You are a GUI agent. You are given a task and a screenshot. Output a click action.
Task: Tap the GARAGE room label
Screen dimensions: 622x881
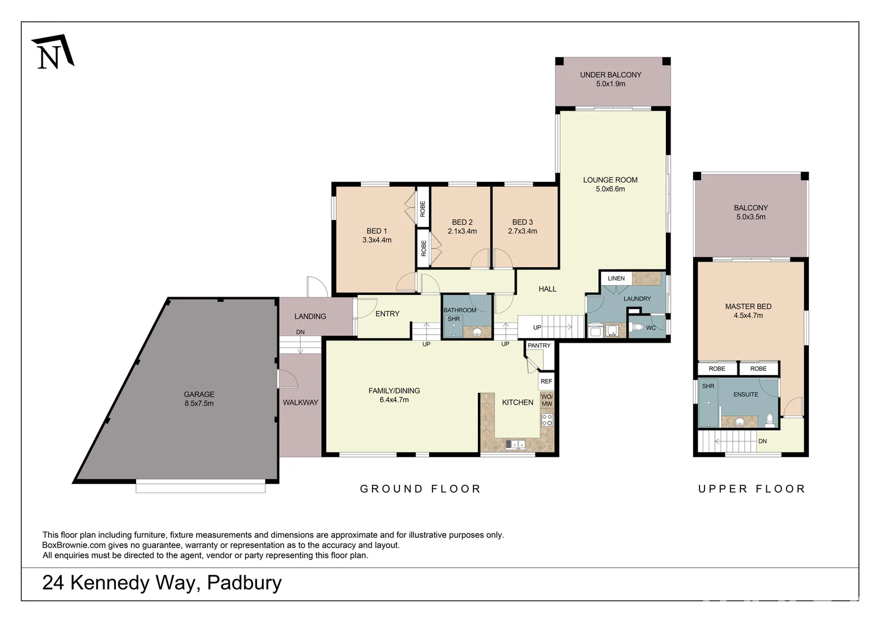[x=199, y=395]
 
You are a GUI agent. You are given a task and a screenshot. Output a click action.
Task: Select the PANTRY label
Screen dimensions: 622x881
[x=539, y=346]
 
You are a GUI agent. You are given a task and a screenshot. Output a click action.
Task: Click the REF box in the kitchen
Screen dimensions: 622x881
[x=546, y=381]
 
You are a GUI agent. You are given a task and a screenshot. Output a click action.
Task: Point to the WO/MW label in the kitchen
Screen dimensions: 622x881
[x=547, y=400]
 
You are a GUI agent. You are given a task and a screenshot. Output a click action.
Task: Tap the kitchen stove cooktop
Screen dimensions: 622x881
[x=547, y=420]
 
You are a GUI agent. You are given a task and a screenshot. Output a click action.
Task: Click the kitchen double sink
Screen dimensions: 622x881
[x=515, y=444]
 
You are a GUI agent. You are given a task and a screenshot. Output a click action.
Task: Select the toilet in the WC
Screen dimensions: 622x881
[x=637, y=328]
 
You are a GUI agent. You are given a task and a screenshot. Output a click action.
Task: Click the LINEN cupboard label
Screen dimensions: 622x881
[x=616, y=278]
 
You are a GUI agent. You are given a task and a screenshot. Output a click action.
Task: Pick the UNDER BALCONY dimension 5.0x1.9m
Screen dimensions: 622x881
[x=611, y=84]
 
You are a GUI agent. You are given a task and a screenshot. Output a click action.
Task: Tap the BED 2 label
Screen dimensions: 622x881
[x=462, y=222]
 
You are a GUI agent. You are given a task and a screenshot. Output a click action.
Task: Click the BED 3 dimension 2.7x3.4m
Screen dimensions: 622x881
[x=522, y=232]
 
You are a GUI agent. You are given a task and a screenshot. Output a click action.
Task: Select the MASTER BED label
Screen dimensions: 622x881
[x=748, y=306]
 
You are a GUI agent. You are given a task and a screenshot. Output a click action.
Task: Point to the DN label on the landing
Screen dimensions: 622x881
[x=300, y=332]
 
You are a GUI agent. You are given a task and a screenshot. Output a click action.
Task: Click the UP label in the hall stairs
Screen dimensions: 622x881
[x=537, y=328]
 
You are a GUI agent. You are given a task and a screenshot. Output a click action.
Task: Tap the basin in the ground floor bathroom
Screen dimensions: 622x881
[x=477, y=332]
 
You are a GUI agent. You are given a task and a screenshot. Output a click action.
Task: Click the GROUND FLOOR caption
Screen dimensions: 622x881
[x=420, y=489]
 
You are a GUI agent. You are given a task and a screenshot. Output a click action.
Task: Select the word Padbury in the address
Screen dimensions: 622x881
[x=244, y=583]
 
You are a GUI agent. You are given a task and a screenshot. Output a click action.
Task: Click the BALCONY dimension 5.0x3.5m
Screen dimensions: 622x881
[x=751, y=217]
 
